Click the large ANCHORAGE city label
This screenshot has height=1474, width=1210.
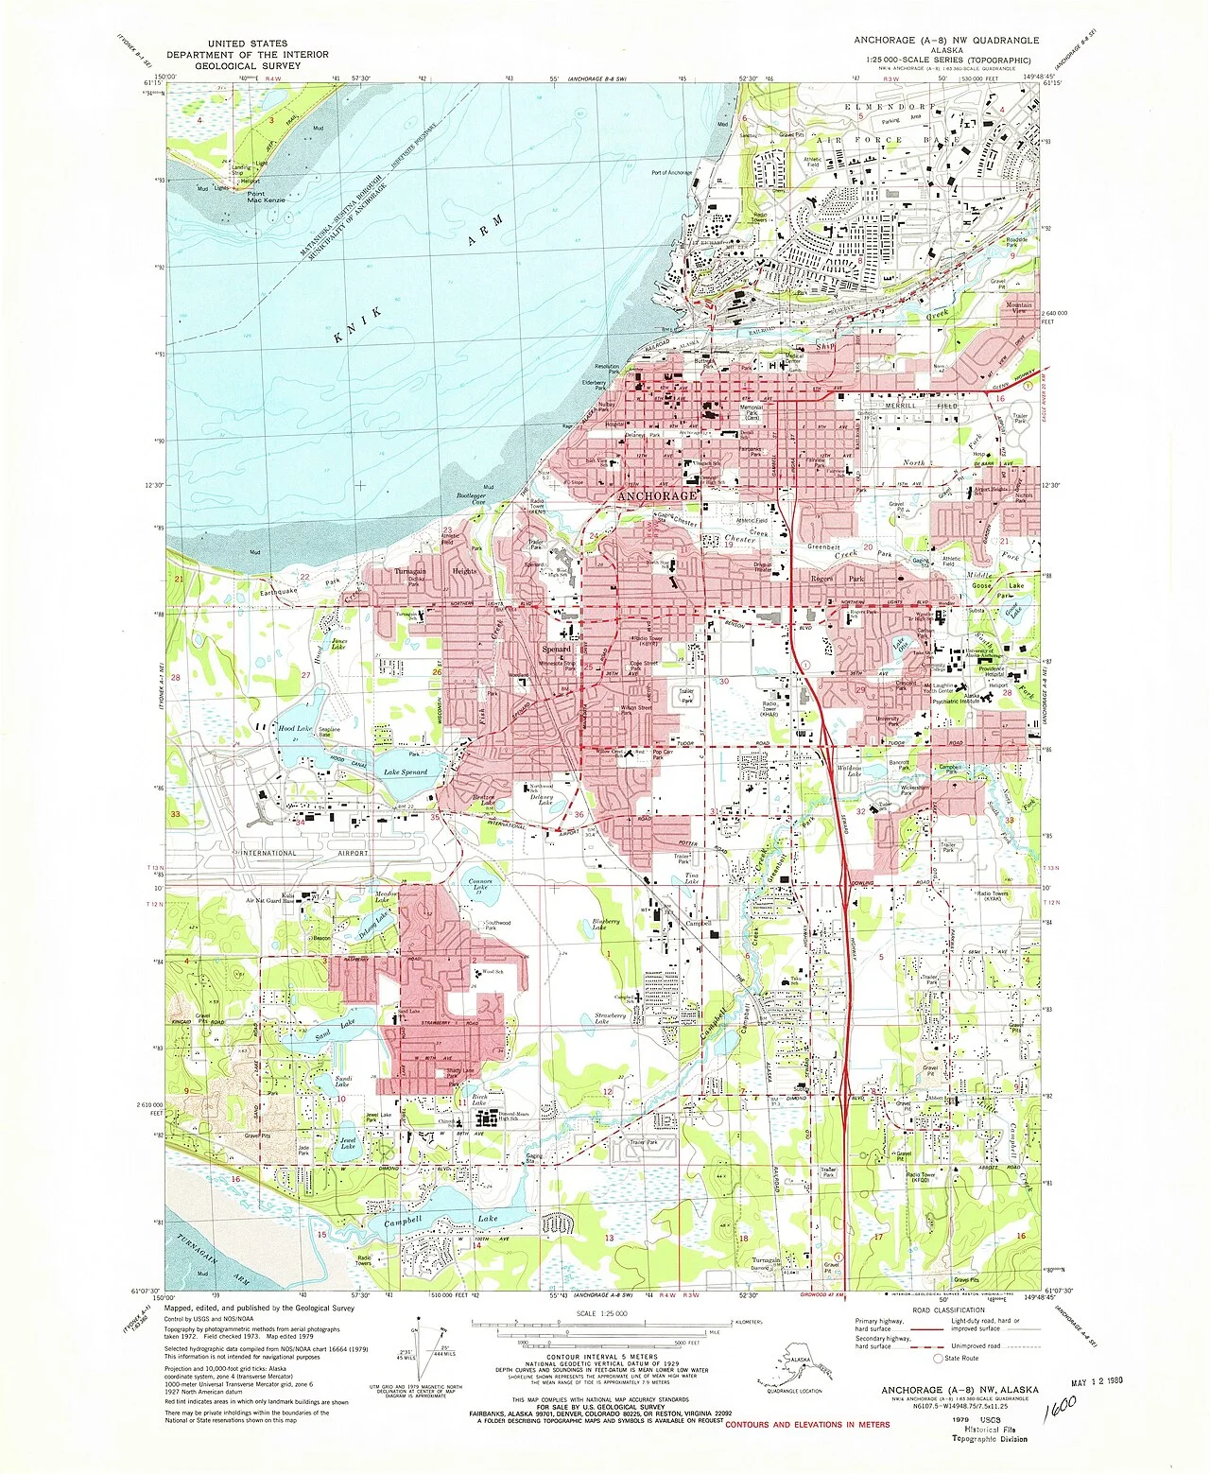pyautogui.click(x=657, y=495)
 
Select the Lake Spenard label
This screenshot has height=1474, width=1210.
pyautogui.click(x=405, y=772)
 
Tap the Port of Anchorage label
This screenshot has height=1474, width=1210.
pyautogui.click(x=671, y=173)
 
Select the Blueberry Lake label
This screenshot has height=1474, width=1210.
pyautogui.click(x=606, y=924)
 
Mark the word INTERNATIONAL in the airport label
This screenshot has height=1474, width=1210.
pyautogui.click(x=268, y=853)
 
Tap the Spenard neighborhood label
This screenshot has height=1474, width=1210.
pyautogui.click(x=557, y=650)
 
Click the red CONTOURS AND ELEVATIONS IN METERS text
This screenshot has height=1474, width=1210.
pyautogui.click(x=807, y=1424)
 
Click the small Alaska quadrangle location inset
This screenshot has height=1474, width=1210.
pyautogui.click(x=798, y=1366)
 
